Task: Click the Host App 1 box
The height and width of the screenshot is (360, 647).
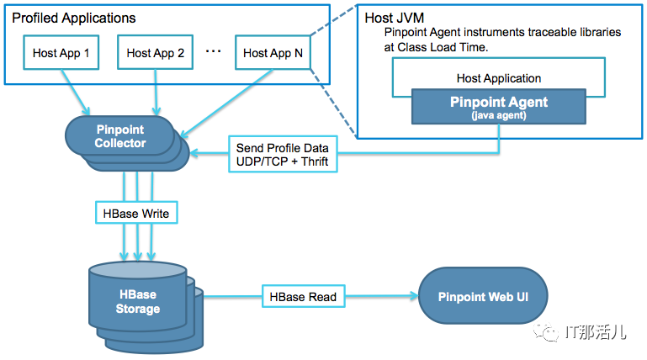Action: [x=61, y=53]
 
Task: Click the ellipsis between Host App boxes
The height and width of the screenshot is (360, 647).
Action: [x=213, y=51]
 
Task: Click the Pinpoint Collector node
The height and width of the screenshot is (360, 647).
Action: [x=119, y=137]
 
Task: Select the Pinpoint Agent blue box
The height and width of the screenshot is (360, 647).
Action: [x=499, y=106]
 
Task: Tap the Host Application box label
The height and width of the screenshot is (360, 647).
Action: [x=499, y=78]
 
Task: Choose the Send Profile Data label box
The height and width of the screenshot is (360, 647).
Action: [x=283, y=155]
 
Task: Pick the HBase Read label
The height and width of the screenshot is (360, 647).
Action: [x=303, y=296]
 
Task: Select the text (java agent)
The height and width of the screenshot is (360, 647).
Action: [x=499, y=114]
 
